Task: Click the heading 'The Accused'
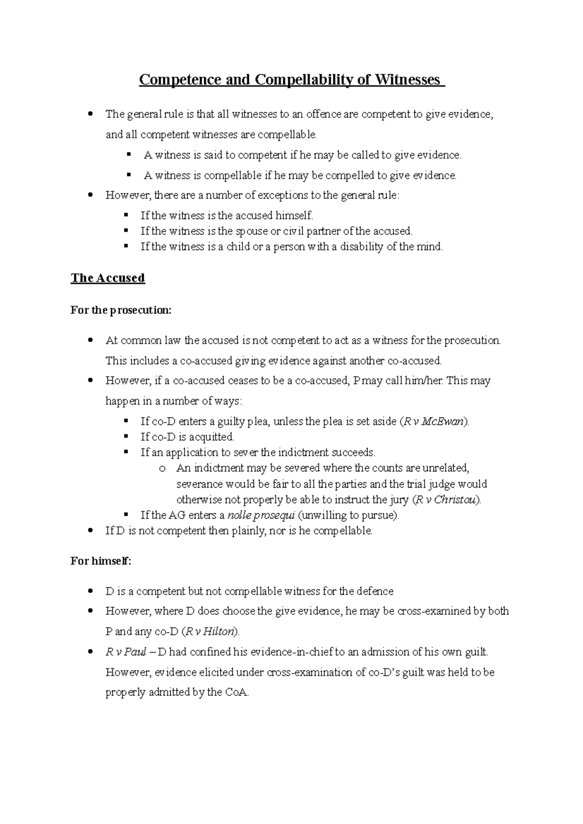tap(108, 278)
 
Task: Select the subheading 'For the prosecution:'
tap(121, 310)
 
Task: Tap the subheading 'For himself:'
tap(101, 561)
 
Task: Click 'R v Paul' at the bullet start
tap(126, 652)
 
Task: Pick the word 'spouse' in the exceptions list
tap(252, 231)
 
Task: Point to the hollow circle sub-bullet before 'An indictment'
tap(162, 469)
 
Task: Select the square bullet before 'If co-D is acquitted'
tap(127, 436)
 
